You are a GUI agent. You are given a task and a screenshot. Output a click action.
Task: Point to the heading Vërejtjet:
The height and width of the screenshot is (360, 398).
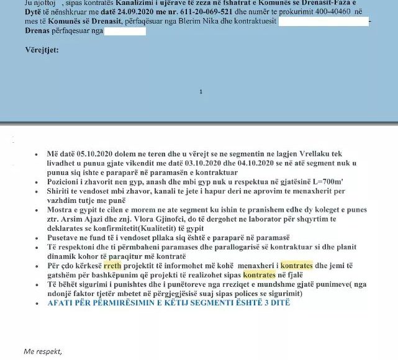42,50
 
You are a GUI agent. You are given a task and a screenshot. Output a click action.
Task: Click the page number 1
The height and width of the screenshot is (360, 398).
201,91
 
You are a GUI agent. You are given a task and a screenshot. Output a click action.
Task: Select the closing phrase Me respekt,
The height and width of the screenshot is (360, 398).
43,352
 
